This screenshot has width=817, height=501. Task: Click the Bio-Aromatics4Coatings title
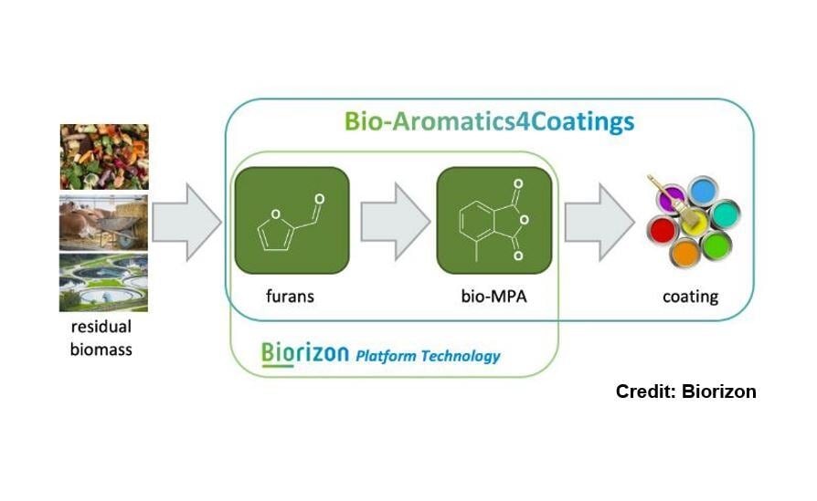[489, 121]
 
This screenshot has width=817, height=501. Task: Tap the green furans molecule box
[292, 220]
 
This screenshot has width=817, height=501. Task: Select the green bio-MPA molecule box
[494, 220]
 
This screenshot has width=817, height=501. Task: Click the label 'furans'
[290, 296]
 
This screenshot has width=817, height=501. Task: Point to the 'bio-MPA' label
[494, 296]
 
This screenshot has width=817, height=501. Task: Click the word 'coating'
[690, 297]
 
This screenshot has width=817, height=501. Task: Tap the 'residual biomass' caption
[101, 338]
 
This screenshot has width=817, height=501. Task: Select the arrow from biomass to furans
[186, 222]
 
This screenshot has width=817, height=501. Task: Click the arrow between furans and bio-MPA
[396, 221]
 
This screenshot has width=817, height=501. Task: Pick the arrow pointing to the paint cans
[599, 222]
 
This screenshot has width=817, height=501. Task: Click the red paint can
[663, 230]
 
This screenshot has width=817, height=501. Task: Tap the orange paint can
[685, 254]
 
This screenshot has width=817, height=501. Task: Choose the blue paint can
[703, 191]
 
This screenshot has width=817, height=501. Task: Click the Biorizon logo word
[305, 353]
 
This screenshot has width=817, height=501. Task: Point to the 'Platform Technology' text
[428, 356]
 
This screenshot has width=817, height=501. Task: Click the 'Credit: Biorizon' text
[685, 391]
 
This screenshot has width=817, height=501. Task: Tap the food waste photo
[104, 157]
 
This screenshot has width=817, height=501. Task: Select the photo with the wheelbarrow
[103, 223]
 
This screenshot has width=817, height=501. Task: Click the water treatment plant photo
[103, 283]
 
